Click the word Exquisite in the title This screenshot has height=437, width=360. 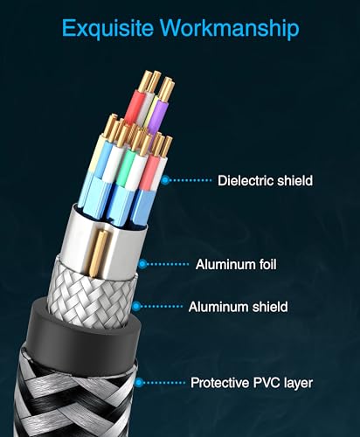(107, 29)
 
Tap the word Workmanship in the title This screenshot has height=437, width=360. (230, 28)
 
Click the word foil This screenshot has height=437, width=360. (267, 264)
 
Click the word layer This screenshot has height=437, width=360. (299, 384)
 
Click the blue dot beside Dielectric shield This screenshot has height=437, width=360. (165, 180)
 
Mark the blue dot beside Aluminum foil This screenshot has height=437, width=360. (142, 264)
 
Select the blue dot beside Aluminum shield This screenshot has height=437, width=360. (136, 307)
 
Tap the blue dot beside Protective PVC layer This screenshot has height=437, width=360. (139, 382)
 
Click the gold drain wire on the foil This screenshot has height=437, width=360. (98, 253)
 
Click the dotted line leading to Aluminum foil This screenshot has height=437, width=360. (168, 264)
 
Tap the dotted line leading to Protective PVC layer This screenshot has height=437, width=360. (164, 382)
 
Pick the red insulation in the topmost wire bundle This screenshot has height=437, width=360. (135, 107)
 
